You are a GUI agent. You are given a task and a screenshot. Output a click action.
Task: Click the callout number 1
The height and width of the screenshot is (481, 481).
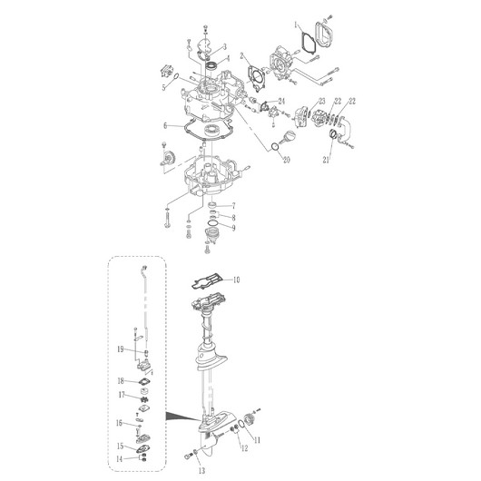(296, 25)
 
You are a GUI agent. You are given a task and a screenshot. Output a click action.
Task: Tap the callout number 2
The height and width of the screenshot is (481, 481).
(242, 56)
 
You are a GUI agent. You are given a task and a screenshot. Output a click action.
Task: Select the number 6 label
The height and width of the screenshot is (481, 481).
(165, 125)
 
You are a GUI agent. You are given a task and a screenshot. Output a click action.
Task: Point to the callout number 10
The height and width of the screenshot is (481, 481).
(236, 280)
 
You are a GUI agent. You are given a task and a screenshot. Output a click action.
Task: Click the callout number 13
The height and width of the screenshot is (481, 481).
(201, 470)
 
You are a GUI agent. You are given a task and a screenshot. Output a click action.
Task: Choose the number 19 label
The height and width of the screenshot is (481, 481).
(120, 349)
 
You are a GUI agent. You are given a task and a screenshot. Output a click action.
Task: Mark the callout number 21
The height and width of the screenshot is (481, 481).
(326, 160)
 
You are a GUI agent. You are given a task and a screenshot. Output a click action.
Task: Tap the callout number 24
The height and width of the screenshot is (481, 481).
(281, 101)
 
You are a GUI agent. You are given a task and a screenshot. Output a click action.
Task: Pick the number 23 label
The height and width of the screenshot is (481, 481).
(322, 101)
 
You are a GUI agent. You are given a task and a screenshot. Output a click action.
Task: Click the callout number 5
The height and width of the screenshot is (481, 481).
(164, 88)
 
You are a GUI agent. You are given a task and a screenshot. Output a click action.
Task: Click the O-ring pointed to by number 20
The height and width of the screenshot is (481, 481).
(275, 147)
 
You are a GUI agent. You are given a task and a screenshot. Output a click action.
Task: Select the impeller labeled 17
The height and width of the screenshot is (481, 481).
(143, 400)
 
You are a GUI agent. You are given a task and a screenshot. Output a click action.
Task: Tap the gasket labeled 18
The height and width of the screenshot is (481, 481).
(143, 382)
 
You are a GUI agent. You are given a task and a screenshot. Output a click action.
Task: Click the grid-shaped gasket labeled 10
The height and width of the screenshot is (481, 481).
(207, 282)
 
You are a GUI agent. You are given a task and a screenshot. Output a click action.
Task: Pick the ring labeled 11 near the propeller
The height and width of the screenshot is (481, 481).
(241, 424)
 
